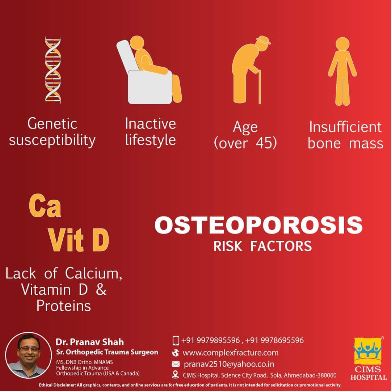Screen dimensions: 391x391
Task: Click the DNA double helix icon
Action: (x=52, y=70)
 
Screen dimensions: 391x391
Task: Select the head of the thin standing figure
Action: (x=342, y=44)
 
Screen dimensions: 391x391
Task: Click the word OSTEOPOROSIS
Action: (x=258, y=225)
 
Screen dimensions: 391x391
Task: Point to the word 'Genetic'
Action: (x=52, y=124)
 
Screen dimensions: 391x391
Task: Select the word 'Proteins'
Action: (x=64, y=306)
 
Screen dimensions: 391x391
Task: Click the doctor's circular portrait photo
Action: (x=29, y=355)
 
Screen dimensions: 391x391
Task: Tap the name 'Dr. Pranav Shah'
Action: (x=89, y=342)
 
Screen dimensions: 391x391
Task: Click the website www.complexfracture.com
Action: (x=231, y=352)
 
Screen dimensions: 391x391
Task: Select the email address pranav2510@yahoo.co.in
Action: (x=229, y=364)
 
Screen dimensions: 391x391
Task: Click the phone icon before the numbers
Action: (x=176, y=340)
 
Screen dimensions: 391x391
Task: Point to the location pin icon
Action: (x=176, y=375)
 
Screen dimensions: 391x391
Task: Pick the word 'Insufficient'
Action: (x=345, y=127)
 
